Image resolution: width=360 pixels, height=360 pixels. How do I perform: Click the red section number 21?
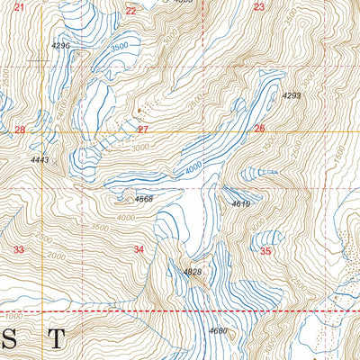point(20,7)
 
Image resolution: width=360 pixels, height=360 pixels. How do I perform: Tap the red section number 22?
point(131,11)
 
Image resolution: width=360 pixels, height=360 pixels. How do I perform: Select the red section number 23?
point(259,7)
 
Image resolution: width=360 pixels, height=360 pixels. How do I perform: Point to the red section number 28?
point(20,130)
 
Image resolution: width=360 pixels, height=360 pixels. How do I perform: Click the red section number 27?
point(142,130)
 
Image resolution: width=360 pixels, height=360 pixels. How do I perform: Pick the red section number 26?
point(259,129)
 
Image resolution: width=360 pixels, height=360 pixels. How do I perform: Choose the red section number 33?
point(18,249)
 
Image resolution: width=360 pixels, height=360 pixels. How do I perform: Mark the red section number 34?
point(139,249)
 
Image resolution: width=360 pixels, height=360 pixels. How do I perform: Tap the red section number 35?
point(265,251)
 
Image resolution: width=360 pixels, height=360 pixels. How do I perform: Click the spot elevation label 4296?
point(61,45)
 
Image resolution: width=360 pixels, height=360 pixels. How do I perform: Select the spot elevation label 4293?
point(291,95)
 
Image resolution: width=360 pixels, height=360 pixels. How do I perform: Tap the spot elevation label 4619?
point(240,204)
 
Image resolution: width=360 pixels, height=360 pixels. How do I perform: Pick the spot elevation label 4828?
point(193,272)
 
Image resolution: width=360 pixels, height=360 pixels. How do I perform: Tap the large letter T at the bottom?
point(56,339)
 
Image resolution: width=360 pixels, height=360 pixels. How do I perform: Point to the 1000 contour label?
point(11,318)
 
